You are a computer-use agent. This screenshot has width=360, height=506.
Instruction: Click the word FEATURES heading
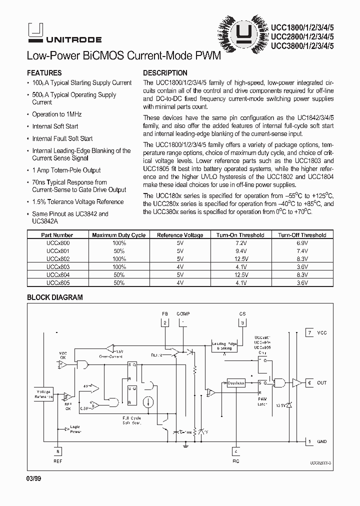44,72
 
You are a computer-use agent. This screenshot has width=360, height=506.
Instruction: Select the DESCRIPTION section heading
165,72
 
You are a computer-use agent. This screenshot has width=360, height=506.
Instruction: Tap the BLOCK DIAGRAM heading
54,297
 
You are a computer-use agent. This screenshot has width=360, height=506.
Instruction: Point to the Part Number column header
57,235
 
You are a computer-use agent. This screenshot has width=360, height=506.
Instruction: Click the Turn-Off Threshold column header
302,235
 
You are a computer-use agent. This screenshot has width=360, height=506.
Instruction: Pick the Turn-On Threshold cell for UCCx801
240,251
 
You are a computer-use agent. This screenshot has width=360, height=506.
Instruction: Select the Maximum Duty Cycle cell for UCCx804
118,274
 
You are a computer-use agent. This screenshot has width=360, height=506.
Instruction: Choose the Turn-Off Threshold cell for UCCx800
302,242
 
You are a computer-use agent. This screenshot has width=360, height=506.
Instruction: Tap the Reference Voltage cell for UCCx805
179,282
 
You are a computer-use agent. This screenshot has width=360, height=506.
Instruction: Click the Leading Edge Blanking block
224,345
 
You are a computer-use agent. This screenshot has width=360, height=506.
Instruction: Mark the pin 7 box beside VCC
310,332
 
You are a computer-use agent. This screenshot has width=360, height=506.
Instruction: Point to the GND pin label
321,441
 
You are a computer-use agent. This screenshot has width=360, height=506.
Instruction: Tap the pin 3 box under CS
242,323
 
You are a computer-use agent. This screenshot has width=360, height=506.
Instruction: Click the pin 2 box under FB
164,323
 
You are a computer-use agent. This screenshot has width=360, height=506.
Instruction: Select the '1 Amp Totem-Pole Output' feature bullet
66,170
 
